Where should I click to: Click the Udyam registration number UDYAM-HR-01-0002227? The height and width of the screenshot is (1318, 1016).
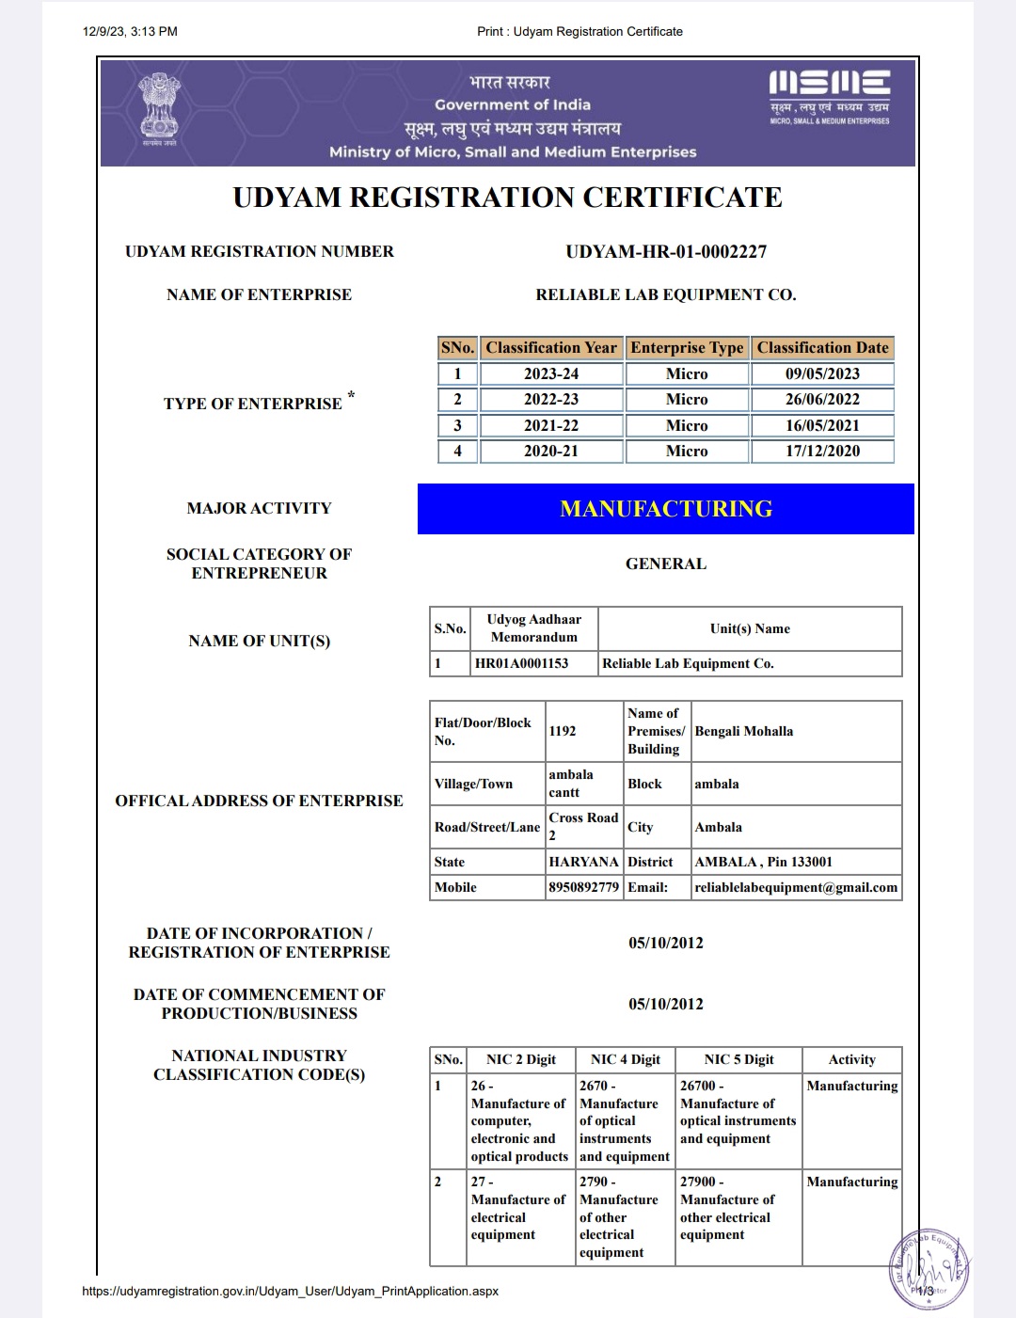[666, 252]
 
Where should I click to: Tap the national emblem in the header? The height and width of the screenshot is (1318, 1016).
[159, 107]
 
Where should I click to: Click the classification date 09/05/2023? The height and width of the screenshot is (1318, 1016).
[822, 373]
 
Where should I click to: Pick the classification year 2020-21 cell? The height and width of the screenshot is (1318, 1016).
[551, 452]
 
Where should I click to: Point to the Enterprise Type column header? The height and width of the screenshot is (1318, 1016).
[687, 348]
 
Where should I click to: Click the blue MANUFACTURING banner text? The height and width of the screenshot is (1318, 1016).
[666, 509]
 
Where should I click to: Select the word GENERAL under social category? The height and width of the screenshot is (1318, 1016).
[666, 564]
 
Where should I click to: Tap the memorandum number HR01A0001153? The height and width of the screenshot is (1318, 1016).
[522, 663]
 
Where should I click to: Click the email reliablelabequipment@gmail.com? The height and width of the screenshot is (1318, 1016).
[796, 887]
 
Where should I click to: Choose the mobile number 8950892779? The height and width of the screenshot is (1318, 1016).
[583, 887]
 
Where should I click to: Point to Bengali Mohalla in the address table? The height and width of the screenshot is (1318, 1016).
[744, 731]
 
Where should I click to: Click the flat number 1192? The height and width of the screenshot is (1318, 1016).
[563, 731]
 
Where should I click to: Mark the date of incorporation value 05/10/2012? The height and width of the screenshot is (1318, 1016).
[666, 943]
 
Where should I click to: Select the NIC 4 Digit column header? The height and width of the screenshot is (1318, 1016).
[626, 1059]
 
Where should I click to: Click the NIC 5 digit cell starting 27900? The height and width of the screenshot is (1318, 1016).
[727, 1208]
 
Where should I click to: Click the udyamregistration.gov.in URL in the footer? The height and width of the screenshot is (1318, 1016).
[291, 1291]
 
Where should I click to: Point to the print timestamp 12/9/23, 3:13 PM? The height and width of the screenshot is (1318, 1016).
[130, 31]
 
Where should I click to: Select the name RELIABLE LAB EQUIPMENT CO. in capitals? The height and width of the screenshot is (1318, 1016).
[666, 295]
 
